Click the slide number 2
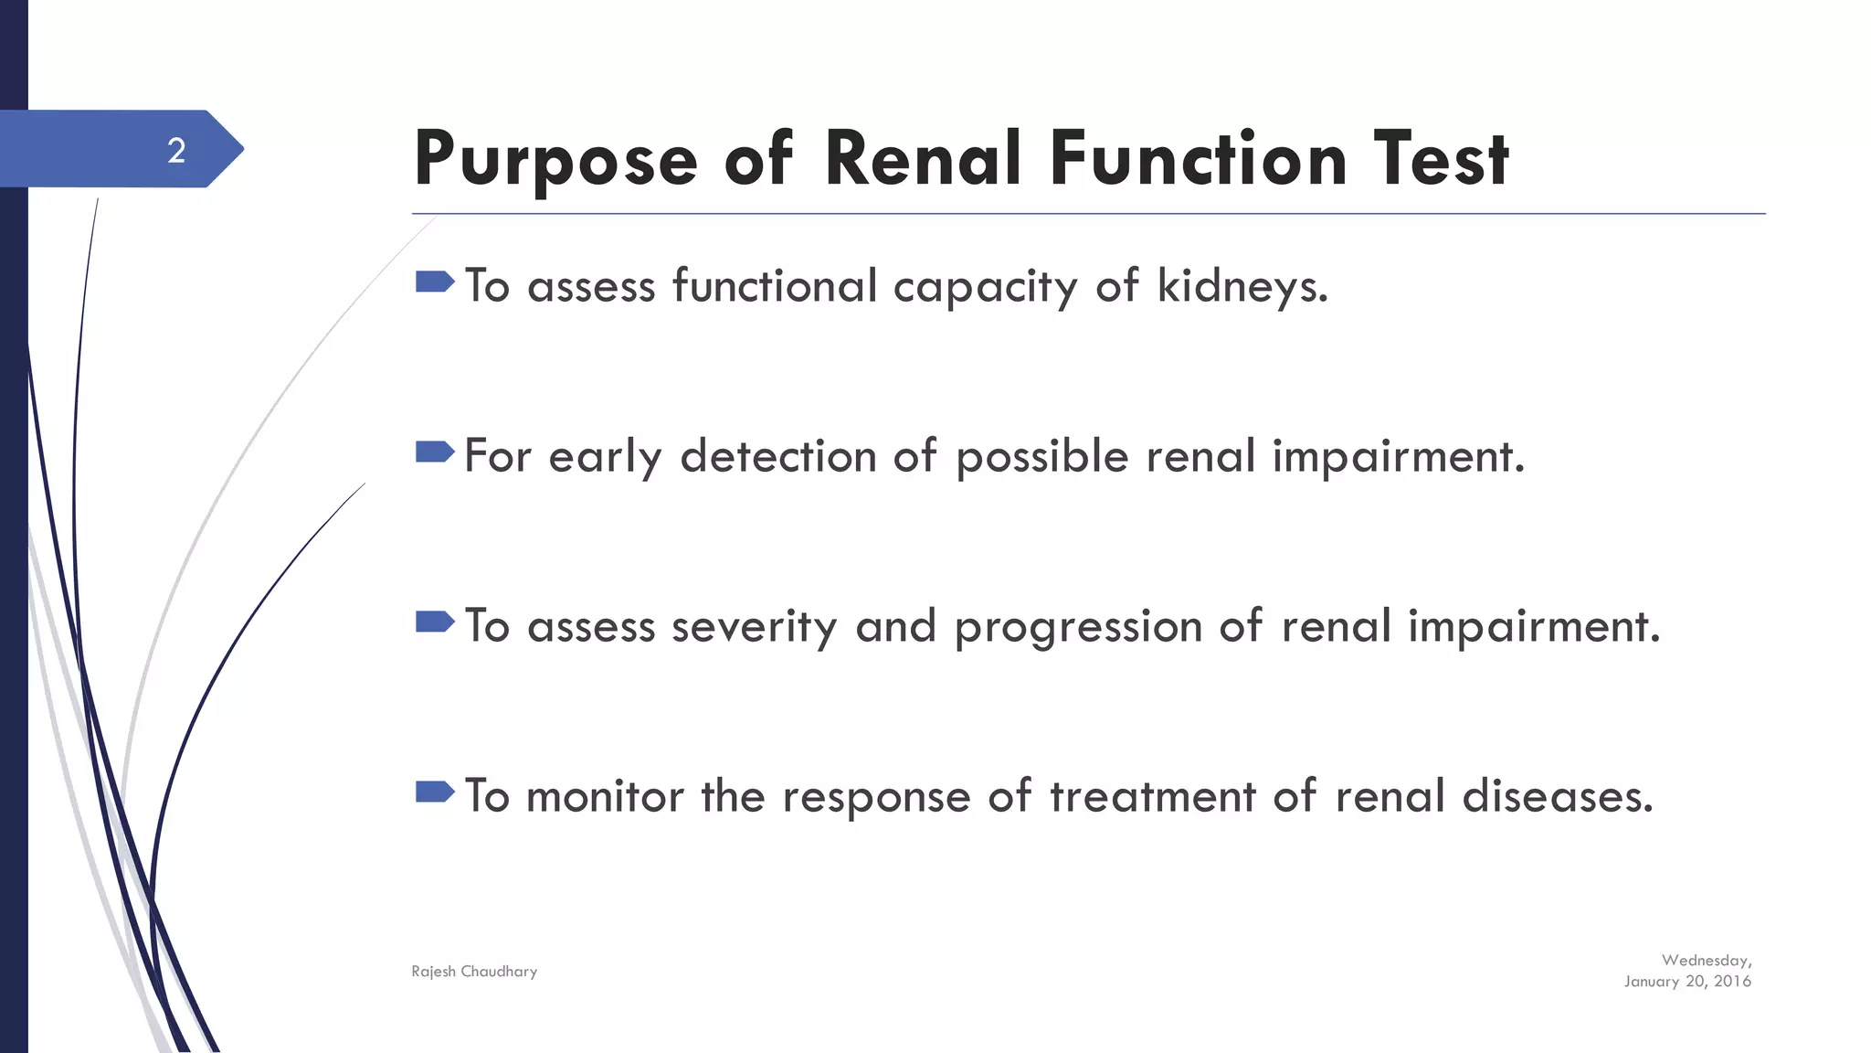pos(176,150)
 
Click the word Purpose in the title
pos(555,159)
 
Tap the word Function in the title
pos(1198,159)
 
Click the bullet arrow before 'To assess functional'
pos(434,282)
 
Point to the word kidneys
pos(1242,286)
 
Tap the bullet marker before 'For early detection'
pos(434,452)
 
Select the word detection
pos(778,456)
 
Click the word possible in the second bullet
pos(1041,457)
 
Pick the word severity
pos(754,628)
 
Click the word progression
pos(1078,628)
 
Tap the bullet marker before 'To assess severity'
pos(434,622)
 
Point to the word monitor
pos(605,796)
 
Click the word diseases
pos(1558,796)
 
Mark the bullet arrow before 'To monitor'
pos(434,792)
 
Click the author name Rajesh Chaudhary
pos(474,972)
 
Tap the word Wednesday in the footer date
pos(1705,961)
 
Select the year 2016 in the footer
pos(1732,982)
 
